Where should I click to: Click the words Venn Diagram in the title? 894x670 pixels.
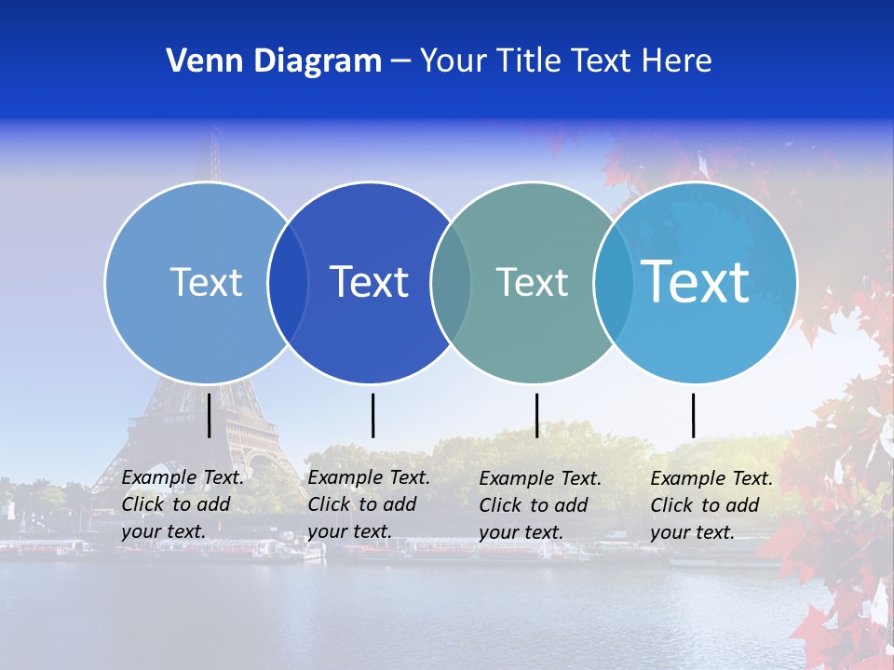[274, 61]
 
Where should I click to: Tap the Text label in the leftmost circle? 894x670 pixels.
[206, 282]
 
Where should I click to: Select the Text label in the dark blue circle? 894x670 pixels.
[369, 282]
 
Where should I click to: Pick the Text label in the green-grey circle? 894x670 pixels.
[532, 282]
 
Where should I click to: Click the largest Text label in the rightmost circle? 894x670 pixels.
[696, 282]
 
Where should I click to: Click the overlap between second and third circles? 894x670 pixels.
[451, 282]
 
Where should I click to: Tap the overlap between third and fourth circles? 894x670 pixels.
[613, 282]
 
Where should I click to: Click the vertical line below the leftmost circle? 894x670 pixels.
[210, 415]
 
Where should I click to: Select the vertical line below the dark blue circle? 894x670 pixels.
[372, 415]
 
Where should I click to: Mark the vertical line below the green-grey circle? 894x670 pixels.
[536, 415]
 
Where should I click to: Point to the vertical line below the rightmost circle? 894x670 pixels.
[694, 415]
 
